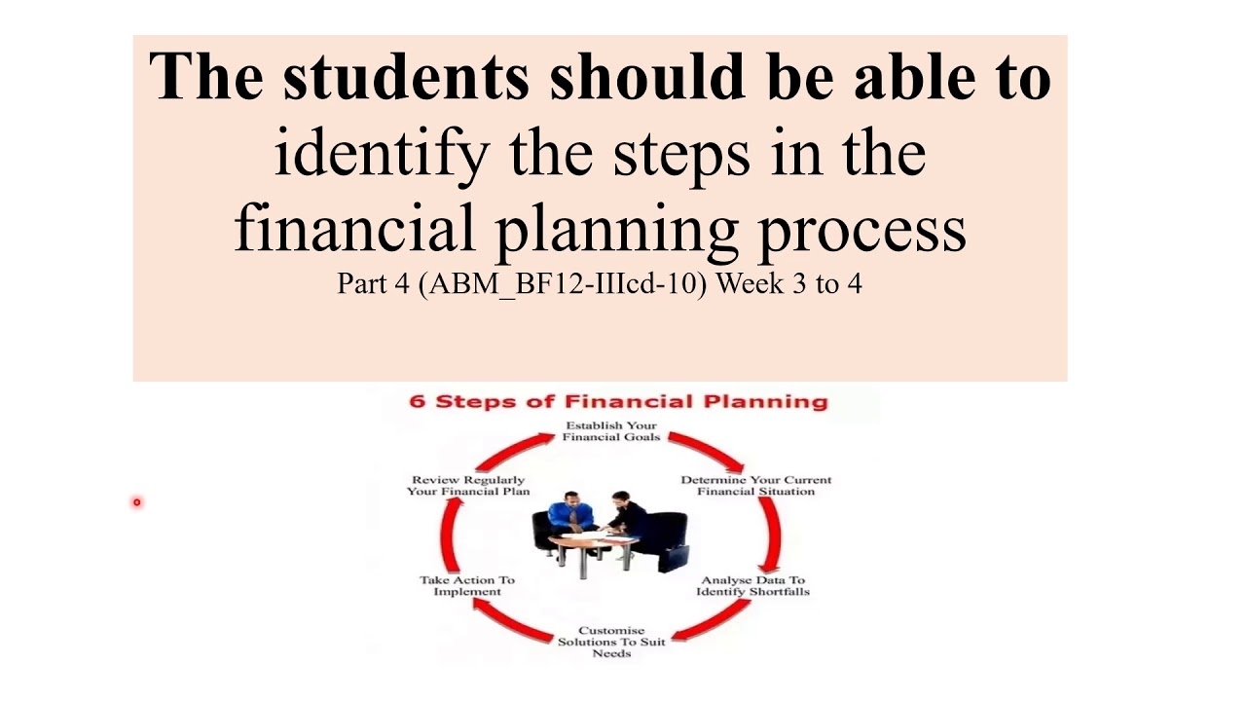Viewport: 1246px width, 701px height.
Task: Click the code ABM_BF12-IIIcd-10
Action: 563,283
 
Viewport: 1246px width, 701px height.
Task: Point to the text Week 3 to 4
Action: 788,283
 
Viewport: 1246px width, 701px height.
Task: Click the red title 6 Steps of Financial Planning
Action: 618,402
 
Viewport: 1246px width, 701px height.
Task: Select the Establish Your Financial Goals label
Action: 610,431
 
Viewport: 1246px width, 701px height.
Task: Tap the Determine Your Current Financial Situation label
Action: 756,486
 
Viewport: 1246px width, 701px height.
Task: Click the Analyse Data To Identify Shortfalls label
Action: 752,586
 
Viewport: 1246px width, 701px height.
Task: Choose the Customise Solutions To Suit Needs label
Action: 611,642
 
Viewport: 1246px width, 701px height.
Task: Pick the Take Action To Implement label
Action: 467,586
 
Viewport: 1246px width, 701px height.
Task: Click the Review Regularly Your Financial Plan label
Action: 468,486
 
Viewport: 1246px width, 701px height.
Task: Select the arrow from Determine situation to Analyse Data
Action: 773,535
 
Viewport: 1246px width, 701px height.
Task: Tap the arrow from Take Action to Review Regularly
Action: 449,535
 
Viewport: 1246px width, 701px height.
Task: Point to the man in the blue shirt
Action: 570,515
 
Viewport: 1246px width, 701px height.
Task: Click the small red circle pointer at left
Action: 137,502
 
